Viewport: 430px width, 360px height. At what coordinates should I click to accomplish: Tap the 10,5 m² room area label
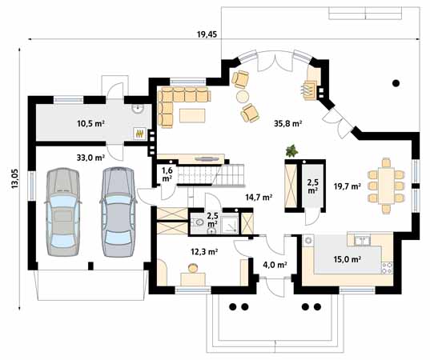[x=90, y=124]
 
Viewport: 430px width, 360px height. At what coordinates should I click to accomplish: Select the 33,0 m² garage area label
[x=90, y=158]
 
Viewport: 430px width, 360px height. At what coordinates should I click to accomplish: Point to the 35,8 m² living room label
[x=287, y=124]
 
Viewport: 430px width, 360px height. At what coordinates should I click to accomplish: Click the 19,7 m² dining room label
[x=347, y=186]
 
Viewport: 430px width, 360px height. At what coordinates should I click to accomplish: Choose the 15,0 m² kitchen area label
[x=347, y=259]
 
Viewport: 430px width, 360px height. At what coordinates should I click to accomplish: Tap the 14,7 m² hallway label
[x=259, y=196]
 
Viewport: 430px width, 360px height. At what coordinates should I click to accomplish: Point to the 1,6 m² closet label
[x=167, y=174]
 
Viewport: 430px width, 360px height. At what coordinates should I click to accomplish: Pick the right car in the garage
[x=116, y=210]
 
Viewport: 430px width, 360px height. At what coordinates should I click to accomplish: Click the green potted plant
[x=293, y=150]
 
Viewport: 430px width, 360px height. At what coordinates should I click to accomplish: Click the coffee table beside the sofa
[x=193, y=116]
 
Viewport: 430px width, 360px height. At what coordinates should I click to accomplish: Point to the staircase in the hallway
[x=210, y=174]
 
